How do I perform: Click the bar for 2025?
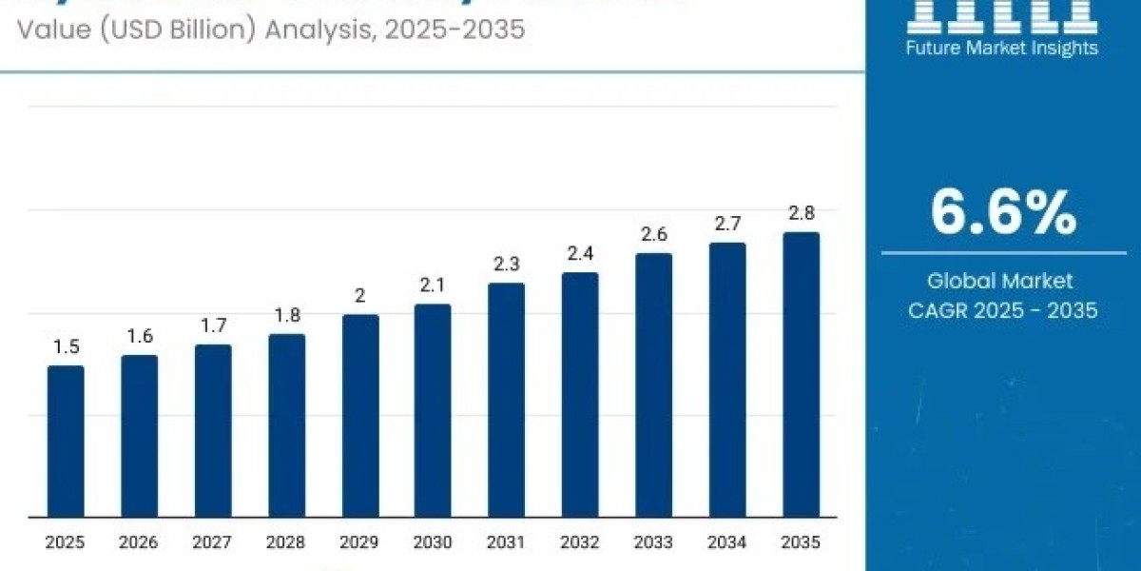click(x=66, y=442)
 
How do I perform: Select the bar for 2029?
click(x=360, y=416)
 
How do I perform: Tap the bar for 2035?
click(x=802, y=375)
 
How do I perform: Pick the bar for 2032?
click(x=580, y=395)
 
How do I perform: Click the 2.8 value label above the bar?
click(x=802, y=213)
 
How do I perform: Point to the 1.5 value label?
click(x=66, y=347)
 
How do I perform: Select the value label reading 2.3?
click(x=507, y=265)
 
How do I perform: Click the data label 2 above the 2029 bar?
click(x=360, y=296)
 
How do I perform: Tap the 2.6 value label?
click(x=654, y=234)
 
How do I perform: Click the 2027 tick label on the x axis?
click(x=213, y=543)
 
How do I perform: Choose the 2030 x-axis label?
click(x=434, y=543)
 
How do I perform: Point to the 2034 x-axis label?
click(x=727, y=543)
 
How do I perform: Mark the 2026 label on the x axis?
click(x=140, y=543)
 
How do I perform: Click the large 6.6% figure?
click(x=1003, y=213)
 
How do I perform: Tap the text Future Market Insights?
click(x=1003, y=48)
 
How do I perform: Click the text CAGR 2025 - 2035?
click(x=1003, y=310)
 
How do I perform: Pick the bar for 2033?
click(x=654, y=385)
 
